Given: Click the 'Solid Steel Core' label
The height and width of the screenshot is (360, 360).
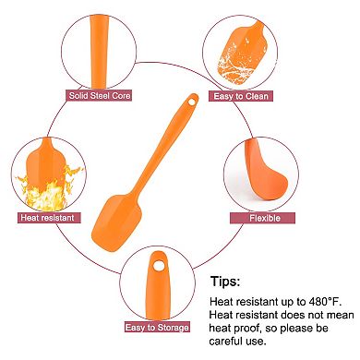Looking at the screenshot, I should (96, 95).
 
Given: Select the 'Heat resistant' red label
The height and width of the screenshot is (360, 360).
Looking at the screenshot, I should (47, 218).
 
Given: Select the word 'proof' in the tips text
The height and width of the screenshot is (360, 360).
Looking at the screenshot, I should (243, 328).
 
